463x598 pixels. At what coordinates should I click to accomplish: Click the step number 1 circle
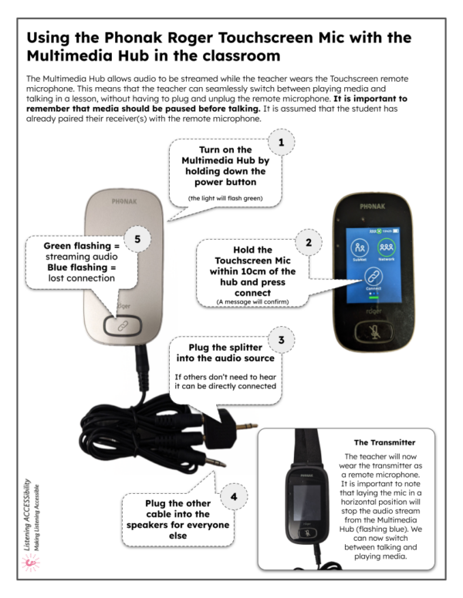point(281,143)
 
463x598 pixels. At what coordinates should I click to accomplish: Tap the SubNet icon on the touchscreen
point(359,248)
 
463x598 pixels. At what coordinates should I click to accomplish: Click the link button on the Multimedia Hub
point(123,326)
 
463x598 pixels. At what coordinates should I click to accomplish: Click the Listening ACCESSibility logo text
point(27,509)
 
